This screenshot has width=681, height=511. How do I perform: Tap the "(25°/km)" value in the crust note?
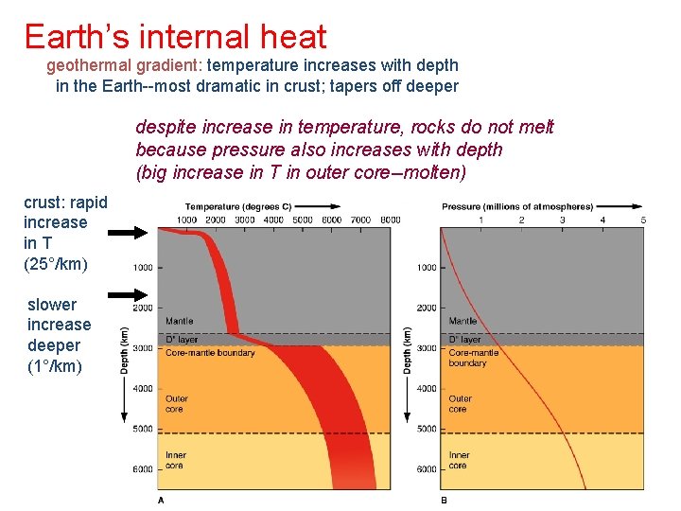pos(56,263)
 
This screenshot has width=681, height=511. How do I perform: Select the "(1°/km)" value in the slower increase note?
pos(55,365)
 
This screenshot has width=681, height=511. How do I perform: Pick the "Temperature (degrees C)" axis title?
pos(238,206)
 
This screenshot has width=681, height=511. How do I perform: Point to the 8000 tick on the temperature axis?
pos(389,220)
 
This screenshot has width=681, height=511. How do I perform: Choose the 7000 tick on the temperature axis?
pos(359,220)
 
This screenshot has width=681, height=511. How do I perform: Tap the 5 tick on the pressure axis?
pos(643,220)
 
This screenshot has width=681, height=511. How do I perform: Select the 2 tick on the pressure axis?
pos(521,220)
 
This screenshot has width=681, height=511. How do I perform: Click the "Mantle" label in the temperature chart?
pos(179,322)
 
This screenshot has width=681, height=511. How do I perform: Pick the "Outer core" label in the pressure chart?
pos(461,404)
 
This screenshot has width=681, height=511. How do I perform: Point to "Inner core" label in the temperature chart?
pos(176,460)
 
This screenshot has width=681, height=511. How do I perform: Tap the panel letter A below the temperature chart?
pos(160,499)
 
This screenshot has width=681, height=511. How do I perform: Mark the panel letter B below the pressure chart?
pos(444,499)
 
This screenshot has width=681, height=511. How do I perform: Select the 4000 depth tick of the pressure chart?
pos(427,388)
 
